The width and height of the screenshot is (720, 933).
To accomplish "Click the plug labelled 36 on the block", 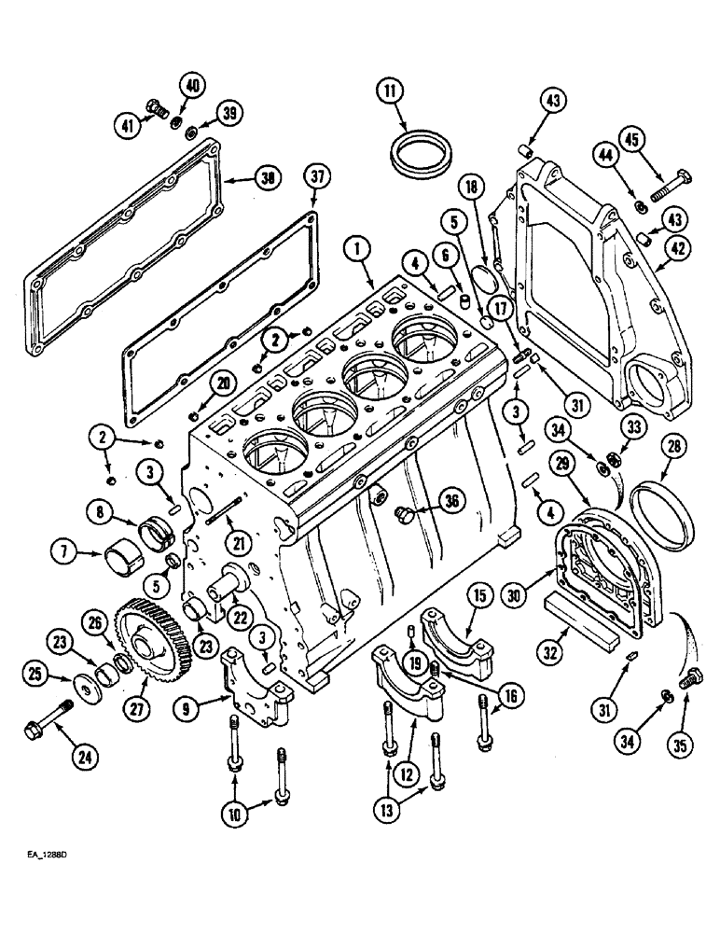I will [404, 511].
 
